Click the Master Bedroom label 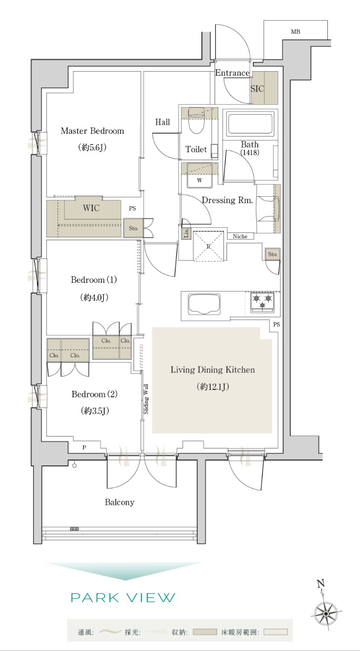pos(92,131)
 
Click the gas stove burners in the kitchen pos(263,302)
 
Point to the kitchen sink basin pos(204,304)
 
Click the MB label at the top pos(295,32)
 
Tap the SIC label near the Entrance pos(257,88)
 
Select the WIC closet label pos(91,208)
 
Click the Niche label pos(240,236)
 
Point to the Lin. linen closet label pos(186,233)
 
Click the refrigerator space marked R pos(209,246)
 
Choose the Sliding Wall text pos(146,399)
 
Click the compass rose pos(326,614)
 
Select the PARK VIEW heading pos(123,598)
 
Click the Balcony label pos(120,502)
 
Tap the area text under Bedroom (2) pos(95,411)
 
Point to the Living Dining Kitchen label pos(213,370)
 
